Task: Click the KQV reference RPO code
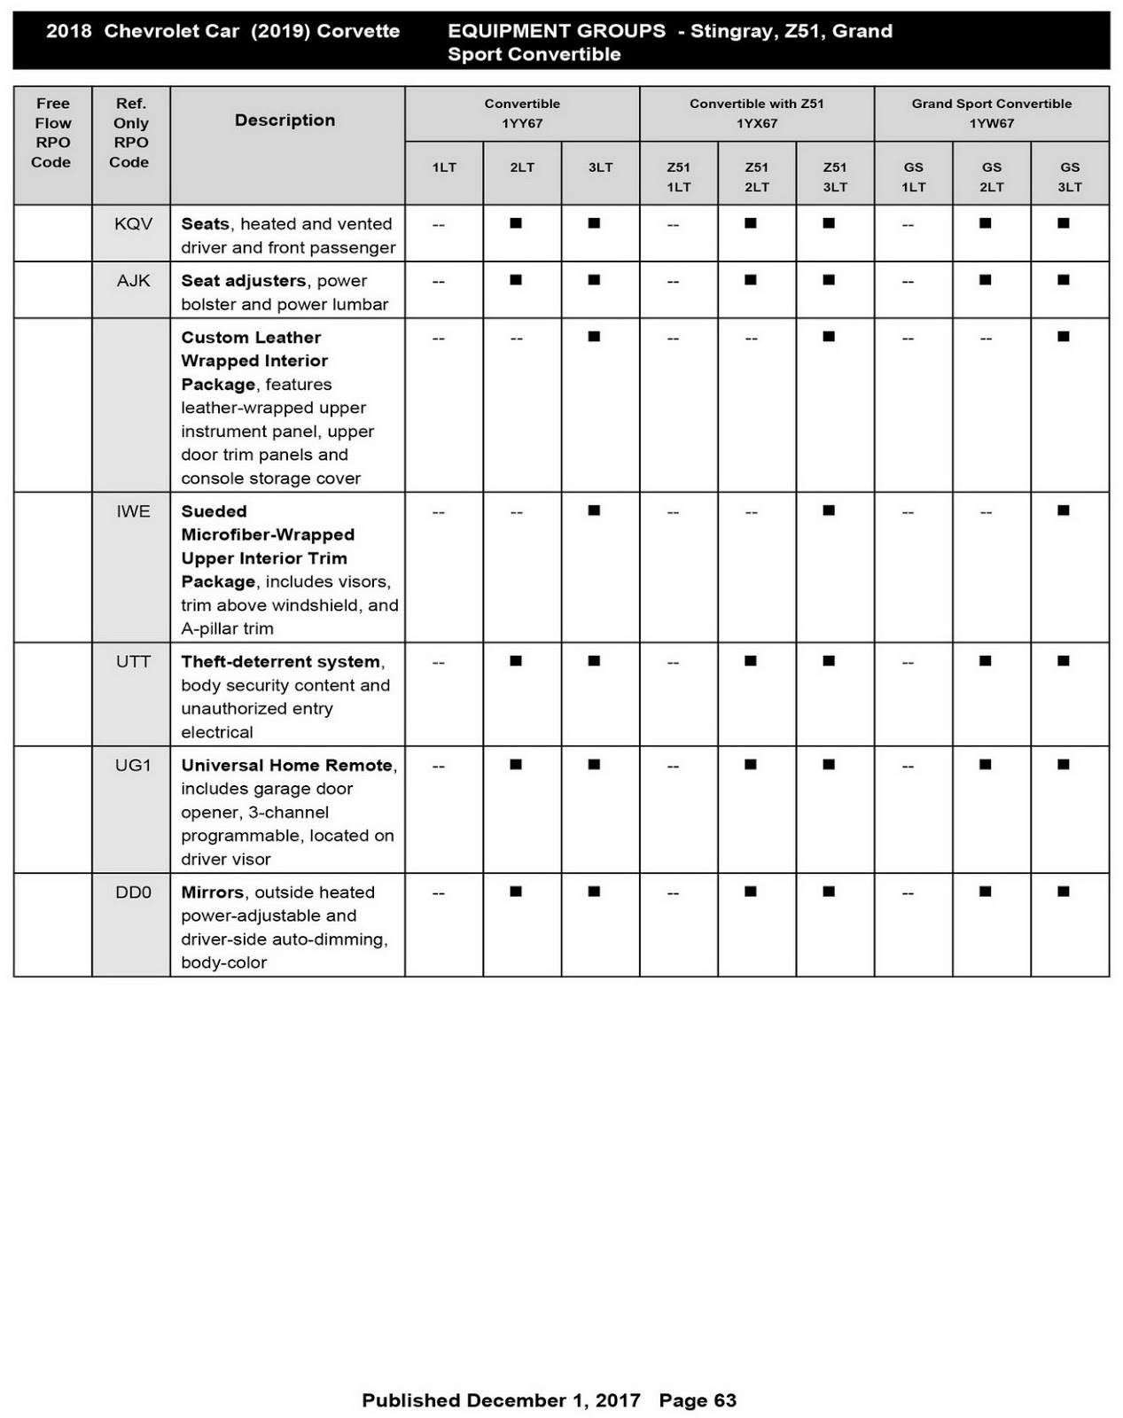point(133,224)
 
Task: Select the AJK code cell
point(133,281)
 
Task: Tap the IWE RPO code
point(133,511)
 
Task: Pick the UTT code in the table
point(133,662)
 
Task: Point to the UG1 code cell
point(133,766)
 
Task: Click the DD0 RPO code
point(133,892)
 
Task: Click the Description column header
point(285,121)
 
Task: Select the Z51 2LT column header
point(757,176)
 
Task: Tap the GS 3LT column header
point(1070,176)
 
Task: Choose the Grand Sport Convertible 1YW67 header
point(991,113)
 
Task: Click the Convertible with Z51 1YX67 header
point(757,113)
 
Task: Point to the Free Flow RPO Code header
point(52,133)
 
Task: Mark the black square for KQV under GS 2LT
point(985,223)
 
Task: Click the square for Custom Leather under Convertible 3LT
point(594,337)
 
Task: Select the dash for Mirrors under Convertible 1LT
point(438,893)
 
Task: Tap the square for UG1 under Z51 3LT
point(829,765)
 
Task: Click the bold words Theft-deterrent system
point(281,662)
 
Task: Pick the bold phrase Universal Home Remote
point(287,766)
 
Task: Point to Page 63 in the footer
point(698,1400)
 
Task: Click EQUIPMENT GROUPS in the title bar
point(557,31)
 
